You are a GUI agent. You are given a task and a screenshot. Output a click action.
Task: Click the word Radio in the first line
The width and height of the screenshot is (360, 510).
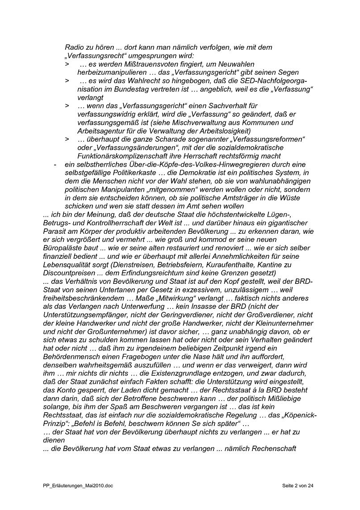click(75, 47)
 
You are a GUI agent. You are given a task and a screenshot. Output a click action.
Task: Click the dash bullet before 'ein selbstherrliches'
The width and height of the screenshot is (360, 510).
click(54, 164)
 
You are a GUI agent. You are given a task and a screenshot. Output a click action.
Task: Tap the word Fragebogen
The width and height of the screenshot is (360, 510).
click(147, 356)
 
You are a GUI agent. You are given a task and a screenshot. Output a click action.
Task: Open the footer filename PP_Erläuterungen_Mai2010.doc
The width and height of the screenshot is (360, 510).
click(75, 485)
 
